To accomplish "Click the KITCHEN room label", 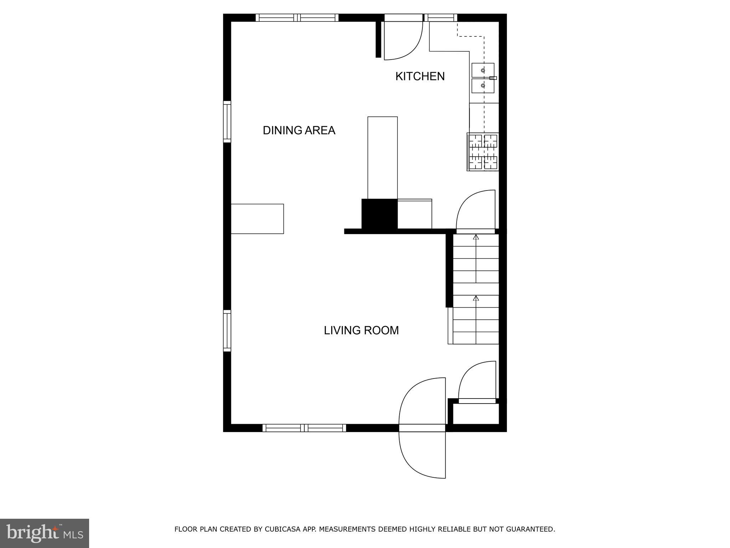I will point(420,76).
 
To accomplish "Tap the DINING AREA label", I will point(299,131).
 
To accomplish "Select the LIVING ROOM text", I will point(361,330).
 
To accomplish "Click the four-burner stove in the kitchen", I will point(483,152).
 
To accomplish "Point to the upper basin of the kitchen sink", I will point(483,70).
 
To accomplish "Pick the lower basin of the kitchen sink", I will point(483,86).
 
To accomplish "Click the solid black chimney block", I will point(379,214).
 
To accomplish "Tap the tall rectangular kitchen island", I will point(382,157).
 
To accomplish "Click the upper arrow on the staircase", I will point(476,237).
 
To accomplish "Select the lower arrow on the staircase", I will point(476,298).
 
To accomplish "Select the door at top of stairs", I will point(475,212).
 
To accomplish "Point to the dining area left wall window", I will point(227,122).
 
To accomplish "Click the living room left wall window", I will point(227,331).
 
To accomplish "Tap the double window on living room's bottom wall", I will point(304,428).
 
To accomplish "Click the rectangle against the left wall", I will point(257,219).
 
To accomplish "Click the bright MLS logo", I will point(45,533).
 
